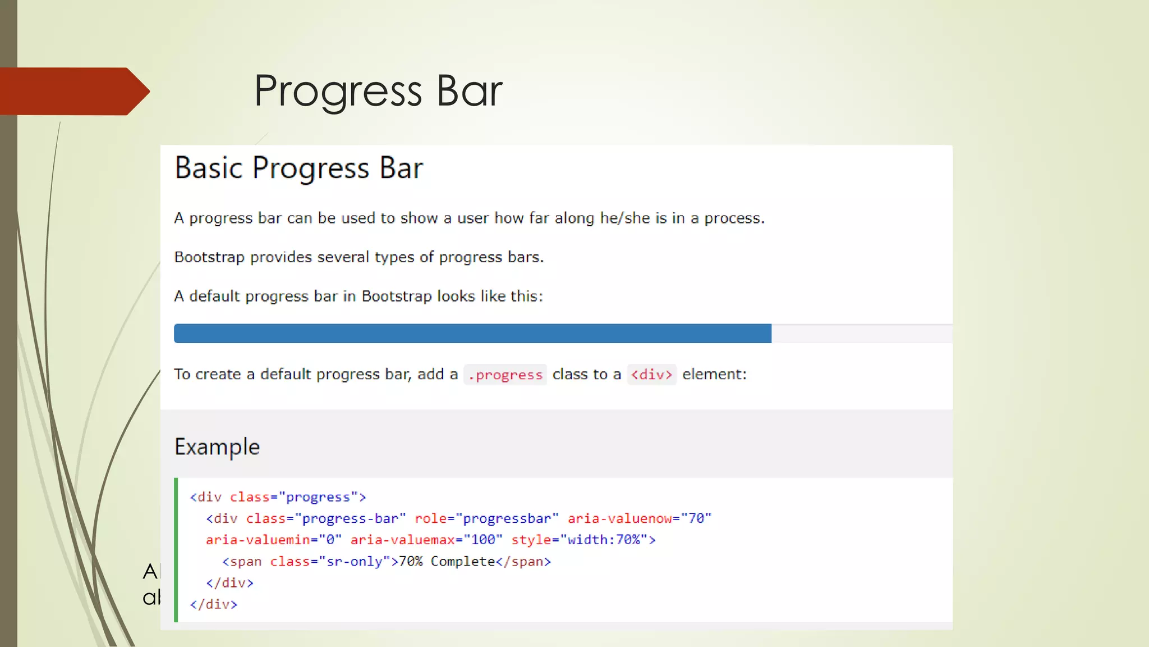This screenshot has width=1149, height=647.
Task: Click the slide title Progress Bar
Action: pos(378,91)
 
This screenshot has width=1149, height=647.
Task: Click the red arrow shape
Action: pos(73,91)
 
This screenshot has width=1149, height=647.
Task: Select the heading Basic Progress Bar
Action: pos(298,168)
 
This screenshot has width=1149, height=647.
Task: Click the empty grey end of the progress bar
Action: pos(861,334)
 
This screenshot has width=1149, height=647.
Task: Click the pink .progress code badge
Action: pos(505,375)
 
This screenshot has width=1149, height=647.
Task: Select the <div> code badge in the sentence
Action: pos(651,375)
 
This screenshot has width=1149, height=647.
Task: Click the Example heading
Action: pos(217,447)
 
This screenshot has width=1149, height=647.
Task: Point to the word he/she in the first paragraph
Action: pos(624,218)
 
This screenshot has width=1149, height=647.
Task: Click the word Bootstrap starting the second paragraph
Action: pos(209,257)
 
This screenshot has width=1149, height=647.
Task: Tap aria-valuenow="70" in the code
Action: pos(639,518)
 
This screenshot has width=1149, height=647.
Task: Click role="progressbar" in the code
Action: pos(486,518)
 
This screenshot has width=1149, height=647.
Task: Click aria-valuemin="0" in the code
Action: pos(273,540)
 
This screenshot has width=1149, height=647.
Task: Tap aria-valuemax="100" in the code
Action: pos(426,540)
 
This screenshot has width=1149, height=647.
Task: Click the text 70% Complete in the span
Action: pos(447,562)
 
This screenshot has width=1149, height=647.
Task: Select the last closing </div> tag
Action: pos(214,604)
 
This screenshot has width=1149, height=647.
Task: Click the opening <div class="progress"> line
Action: pos(278,497)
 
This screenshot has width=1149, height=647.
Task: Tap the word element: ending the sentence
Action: pos(714,375)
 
